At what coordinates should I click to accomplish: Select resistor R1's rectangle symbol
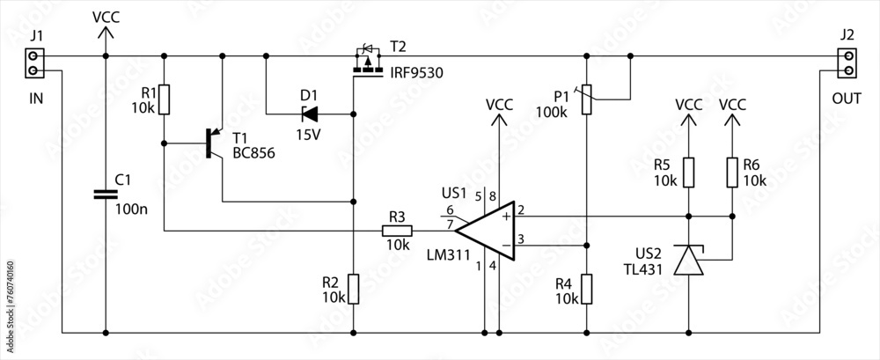[x=164, y=99]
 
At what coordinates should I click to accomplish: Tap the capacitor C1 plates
[x=106, y=193]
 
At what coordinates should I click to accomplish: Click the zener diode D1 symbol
[x=310, y=113]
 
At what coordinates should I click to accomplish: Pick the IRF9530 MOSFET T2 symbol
[x=368, y=63]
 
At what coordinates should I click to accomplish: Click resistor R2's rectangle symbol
[x=353, y=289]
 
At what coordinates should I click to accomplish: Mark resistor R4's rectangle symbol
[x=587, y=289]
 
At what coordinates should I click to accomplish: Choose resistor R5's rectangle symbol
[x=689, y=173]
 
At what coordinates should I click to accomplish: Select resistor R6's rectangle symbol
[x=732, y=173]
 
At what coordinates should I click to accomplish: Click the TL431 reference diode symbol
[x=689, y=261]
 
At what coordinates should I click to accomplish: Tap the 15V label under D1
[x=308, y=136]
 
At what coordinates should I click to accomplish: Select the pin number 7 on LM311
[x=450, y=225]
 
